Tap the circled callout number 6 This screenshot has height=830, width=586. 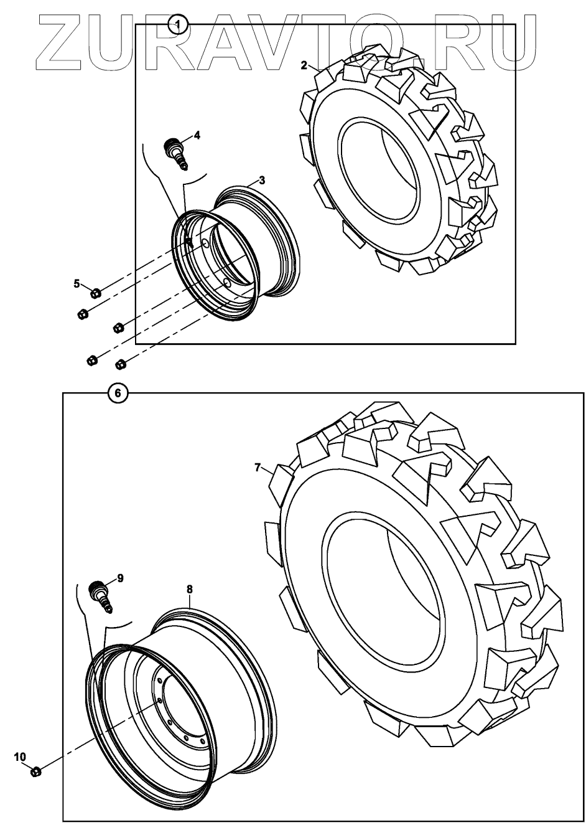coord(118,394)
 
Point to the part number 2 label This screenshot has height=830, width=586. coord(304,65)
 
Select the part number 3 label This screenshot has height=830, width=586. coord(262,181)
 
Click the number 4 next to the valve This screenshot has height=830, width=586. coord(197,135)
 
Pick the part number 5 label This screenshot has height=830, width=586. coord(77,284)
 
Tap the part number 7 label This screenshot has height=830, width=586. coord(258,468)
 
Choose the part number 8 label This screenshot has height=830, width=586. coord(189,588)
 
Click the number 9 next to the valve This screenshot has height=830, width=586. coord(121,578)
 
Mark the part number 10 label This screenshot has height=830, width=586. coord(20,757)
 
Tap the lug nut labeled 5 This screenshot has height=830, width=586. coord(95,293)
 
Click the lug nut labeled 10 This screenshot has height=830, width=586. coord(36,771)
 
